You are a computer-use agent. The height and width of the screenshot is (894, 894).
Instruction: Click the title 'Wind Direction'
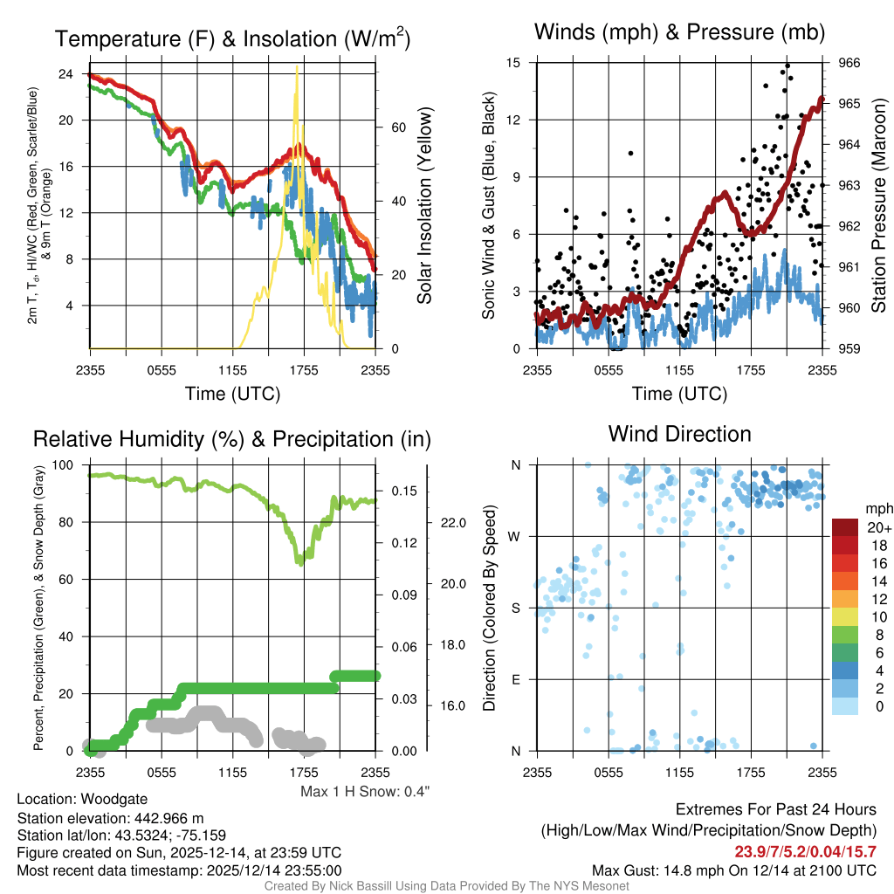[679, 434]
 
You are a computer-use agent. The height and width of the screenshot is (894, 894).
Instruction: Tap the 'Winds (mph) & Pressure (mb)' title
[679, 33]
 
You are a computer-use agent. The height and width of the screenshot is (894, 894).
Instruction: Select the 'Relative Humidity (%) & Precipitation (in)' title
[231, 439]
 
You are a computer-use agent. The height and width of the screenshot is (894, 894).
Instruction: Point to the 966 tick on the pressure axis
[849, 63]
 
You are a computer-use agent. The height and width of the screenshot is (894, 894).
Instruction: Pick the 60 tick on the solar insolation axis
[397, 127]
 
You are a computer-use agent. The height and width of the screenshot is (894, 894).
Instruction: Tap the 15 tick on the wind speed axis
[513, 63]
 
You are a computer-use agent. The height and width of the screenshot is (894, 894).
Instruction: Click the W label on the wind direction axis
[515, 536]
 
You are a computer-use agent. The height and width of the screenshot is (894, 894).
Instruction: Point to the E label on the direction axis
[516, 679]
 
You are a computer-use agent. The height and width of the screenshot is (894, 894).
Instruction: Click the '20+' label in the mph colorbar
[878, 528]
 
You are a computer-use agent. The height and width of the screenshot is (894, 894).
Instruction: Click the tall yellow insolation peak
[298, 70]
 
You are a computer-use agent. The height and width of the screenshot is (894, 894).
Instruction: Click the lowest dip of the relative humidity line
[299, 563]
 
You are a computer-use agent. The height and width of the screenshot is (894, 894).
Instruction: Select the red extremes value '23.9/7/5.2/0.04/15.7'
[805, 852]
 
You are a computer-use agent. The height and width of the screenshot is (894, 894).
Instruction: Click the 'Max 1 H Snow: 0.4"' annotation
[365, 791]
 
